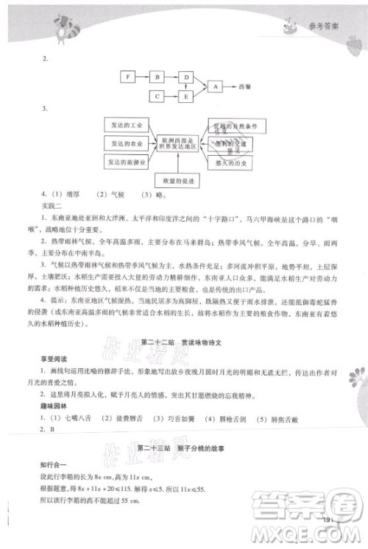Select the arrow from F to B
pyautogui.click(x=142, y=76)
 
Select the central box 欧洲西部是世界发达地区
pyautogui.click(x=177, y=143)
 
